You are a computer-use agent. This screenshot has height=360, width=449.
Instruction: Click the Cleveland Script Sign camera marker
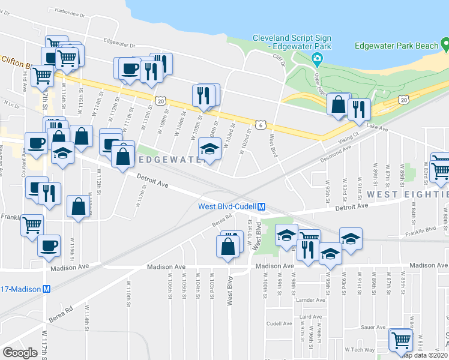[317, 58]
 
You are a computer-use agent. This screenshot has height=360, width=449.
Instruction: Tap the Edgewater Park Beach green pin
[445, 44]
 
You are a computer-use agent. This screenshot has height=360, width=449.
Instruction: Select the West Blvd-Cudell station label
[228, 206]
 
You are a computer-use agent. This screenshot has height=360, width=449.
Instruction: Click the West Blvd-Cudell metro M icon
[263, 206]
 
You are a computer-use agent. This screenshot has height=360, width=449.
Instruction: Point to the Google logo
[20, 352]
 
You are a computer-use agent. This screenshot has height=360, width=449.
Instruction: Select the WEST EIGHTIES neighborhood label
[408, 194]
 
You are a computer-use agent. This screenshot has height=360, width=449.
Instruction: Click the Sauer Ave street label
[373, 327]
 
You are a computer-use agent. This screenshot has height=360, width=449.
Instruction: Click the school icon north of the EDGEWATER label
[209, 148]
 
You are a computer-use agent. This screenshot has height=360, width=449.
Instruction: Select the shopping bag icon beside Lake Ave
[339, 104]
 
